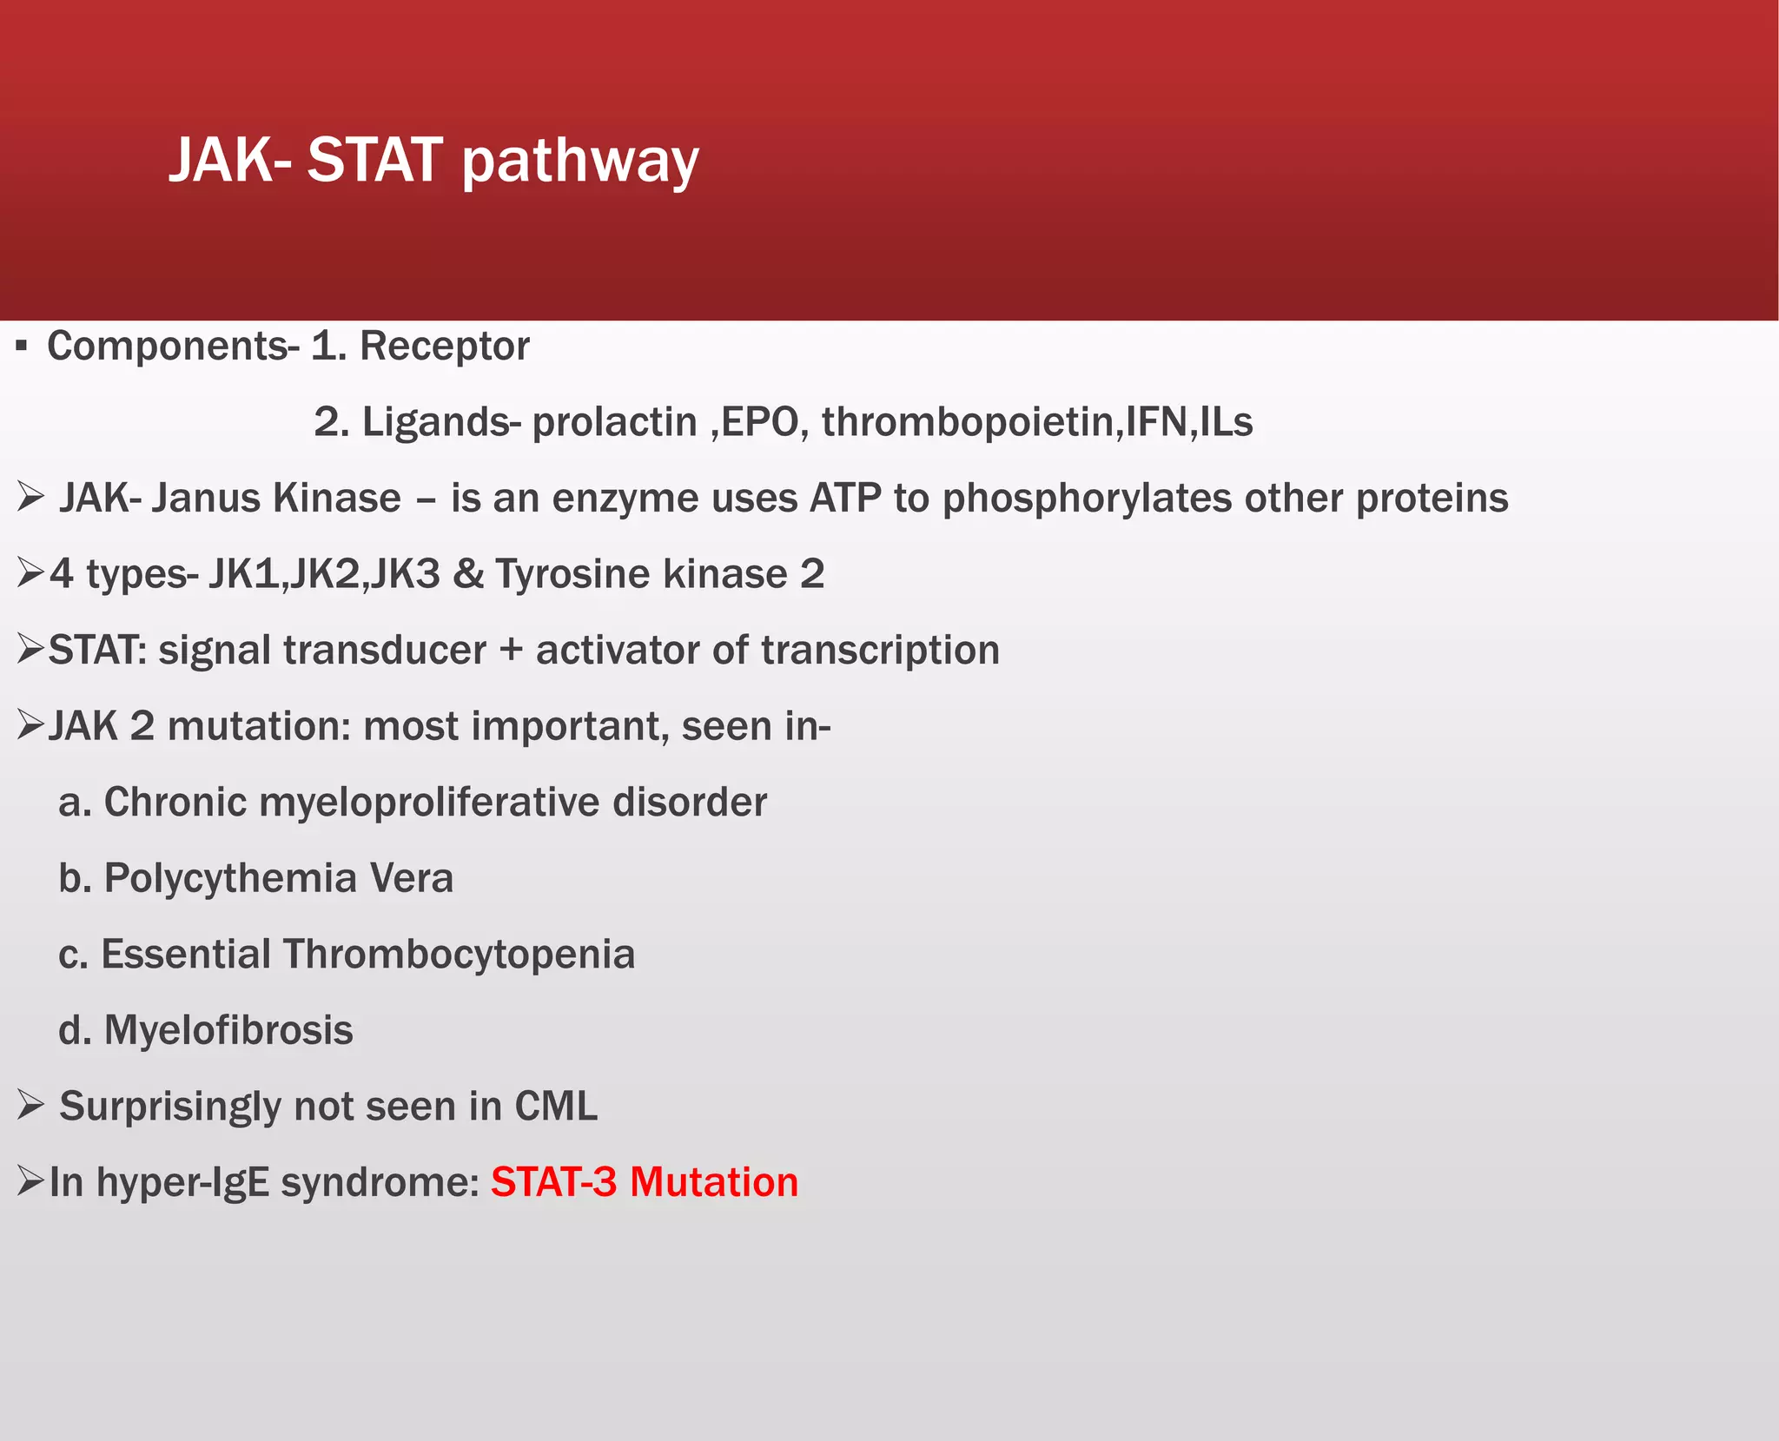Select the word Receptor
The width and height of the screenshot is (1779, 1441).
coord(445,346)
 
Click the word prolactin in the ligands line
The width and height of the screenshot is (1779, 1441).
coord(614,422)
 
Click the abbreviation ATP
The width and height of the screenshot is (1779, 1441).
coord(845,499)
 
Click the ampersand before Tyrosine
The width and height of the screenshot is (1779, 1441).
coord(468,574)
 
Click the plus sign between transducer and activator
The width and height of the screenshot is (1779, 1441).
coord(511,651)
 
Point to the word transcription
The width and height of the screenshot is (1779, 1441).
coord(880,651)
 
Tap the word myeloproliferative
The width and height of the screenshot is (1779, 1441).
coord(430,803)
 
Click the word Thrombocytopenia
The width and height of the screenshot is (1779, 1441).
coord(459,955)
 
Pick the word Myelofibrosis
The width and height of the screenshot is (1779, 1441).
coord(228,1030)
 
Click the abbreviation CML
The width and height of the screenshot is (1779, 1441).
coord(556,1107)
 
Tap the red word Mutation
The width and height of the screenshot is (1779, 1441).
coord(714,1182)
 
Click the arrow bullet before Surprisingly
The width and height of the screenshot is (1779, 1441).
coord(30,1106)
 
